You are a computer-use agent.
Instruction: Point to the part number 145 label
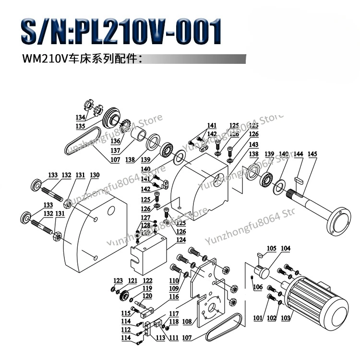[312, 154]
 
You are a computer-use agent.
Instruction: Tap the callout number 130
[95, 175]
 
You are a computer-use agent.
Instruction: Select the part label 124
[168, 240]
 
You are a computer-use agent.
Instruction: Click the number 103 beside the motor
[287, 318]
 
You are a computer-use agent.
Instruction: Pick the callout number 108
[187, 321]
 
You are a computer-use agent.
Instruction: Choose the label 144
[299, 154]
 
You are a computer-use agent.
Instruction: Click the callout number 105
[272, 248]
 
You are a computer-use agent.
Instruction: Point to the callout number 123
[118, 281]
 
